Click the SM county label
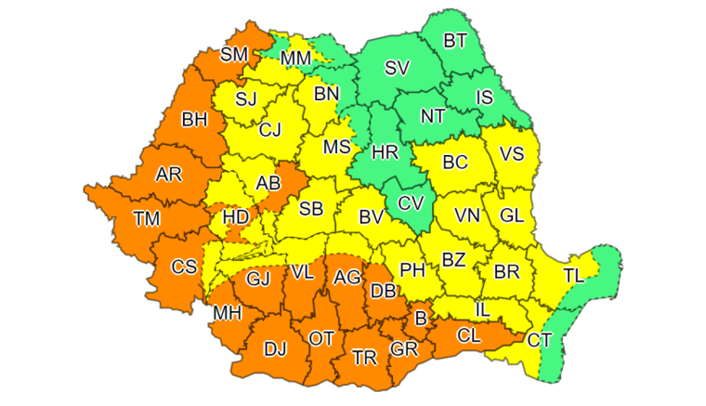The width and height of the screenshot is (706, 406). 234,55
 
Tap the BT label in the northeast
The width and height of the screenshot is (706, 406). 455,40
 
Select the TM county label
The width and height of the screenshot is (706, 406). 146,218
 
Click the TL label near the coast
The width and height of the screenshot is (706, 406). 573,274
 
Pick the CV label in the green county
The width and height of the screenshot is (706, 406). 410,203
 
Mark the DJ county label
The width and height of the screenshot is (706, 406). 275,349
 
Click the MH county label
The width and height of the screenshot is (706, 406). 228,312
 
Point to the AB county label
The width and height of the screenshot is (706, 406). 268,184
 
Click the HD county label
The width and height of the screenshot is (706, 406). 236,217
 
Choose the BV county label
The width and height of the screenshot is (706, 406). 372,216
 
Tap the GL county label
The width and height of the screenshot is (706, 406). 511,215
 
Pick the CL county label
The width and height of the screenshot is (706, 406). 469,332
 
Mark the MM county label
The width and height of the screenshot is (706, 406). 295,59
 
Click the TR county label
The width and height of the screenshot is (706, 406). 364,357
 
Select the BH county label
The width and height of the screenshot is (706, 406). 194,119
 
